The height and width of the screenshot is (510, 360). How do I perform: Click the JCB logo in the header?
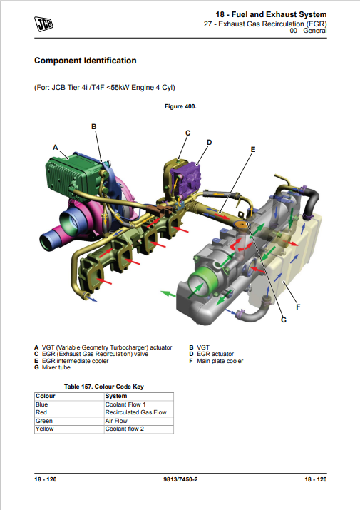coord(43,24)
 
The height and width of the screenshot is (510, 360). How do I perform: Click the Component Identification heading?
coord(86,61)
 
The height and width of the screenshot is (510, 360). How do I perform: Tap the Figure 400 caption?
coord(180,106)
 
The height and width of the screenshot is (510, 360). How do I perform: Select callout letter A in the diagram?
coord(56,148)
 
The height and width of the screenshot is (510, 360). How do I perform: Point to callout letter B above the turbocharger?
coord(93,126)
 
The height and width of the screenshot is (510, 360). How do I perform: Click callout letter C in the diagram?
coord(187,133)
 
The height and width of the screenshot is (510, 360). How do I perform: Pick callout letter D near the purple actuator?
coord(209,142)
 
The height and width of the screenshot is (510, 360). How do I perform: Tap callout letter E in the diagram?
coord(253,149)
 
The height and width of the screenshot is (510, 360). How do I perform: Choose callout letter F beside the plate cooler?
coord(298,307)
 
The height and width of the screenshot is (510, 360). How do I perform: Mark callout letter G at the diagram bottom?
coord(284,320)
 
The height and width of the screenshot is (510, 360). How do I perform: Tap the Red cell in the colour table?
coord(41,412)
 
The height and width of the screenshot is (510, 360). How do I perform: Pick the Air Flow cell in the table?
coord(116,421)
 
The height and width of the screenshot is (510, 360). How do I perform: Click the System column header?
coord(115,396)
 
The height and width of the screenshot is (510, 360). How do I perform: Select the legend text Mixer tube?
coord(56,367)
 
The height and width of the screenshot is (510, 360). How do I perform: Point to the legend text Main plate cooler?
coord(220,361)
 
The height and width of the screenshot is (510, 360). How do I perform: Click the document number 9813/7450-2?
coord(180,479)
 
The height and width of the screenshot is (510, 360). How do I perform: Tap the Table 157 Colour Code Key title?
coord(104,387)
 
